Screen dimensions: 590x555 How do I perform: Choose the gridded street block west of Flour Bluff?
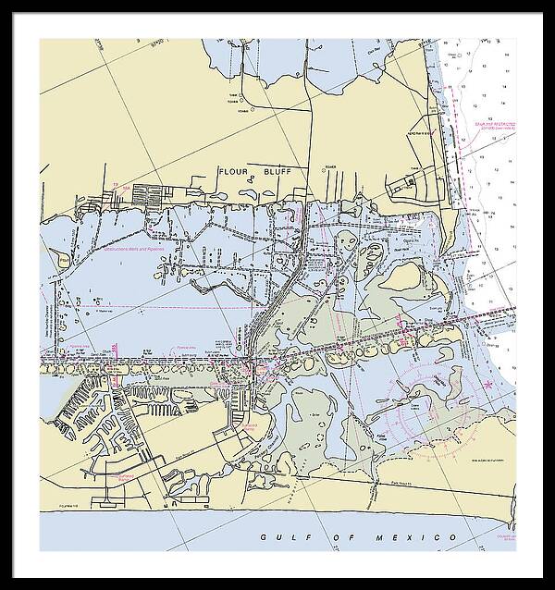pyautogui.click(x=147, y=195)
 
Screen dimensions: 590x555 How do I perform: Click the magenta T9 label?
pyautogui.click(x=115, y=186)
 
